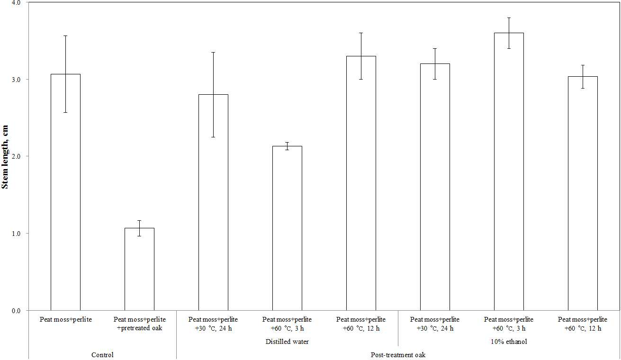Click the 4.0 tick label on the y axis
[17, 3]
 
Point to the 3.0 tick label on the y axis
[17, 80]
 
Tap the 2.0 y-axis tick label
[17, 156]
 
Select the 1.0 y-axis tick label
[17, 234]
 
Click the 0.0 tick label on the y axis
[17, 311]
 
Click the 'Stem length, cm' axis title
[5, 157]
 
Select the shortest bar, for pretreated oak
[139, 269]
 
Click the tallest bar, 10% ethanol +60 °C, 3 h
[509, 171]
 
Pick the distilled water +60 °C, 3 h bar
[287, 228]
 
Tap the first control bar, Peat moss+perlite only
[66, 192]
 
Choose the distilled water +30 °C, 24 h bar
[214, 202]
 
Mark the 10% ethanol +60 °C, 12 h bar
[583, 193]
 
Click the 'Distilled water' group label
[287, 342]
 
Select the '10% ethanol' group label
[509, 342]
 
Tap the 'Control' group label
[103, 355]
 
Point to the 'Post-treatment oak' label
[398, 355]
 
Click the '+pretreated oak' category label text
[139, 328]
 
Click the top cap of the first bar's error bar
[66, 36]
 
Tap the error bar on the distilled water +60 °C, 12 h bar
[361, 56]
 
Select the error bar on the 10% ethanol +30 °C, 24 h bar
[435, 64]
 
